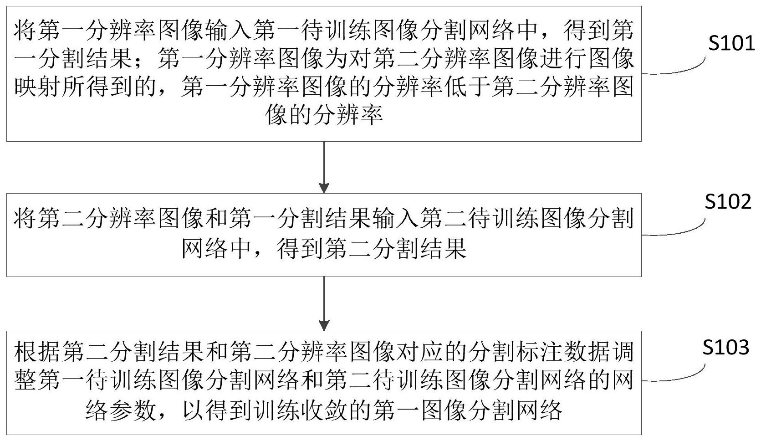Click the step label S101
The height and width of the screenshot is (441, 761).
point(731,43)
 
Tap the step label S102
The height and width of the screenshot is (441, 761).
point(728,201)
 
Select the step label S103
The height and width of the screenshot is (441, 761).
point(725,347)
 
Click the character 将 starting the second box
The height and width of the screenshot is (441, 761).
point(26,218)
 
